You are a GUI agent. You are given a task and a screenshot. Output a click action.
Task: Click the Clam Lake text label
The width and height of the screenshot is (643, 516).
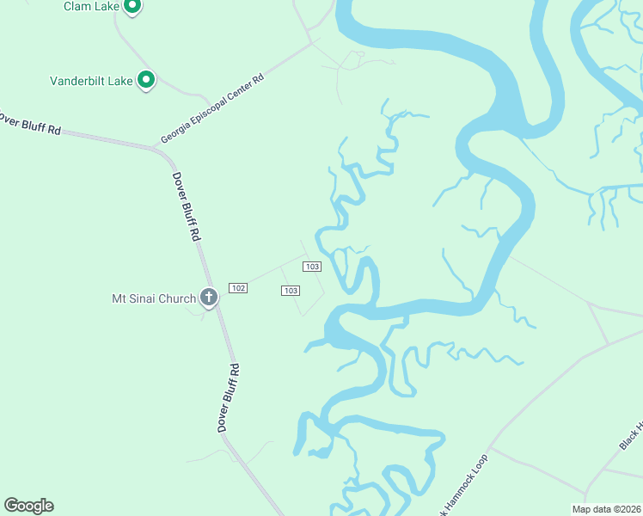click(x=90, y=6)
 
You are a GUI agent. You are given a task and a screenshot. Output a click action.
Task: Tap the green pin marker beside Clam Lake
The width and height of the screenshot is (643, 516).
click(x=132, y=7)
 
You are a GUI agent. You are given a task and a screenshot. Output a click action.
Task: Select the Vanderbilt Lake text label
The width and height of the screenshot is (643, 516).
click(x=91, y=81)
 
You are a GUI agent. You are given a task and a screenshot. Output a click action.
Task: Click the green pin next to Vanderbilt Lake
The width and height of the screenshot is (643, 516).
click(x=146, y=81)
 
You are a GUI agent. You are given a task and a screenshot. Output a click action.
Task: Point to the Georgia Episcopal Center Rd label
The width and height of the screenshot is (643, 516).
click(x=212, y=108)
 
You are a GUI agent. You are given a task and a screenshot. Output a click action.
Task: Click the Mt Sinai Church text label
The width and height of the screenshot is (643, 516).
click(x=155, y=298)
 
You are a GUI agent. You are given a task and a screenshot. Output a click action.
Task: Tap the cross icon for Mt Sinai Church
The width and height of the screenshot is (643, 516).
click(x=208, y=298)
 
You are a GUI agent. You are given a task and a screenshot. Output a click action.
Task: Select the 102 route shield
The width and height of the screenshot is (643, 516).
click(x=238, y=287)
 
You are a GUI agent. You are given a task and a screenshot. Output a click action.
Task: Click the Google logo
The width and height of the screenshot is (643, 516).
click(x=28, y=506)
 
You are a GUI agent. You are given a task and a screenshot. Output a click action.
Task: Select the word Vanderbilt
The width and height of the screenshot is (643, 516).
click(x=79, y=81)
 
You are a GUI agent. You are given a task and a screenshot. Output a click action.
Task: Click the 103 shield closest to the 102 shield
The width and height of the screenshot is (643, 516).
click(x=291, y=291)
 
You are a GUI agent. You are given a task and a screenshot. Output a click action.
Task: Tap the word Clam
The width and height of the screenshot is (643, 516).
click(x=77, y=6)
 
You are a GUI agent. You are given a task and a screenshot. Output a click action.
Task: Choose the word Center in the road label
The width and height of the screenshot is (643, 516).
click(x=242, y=90)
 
